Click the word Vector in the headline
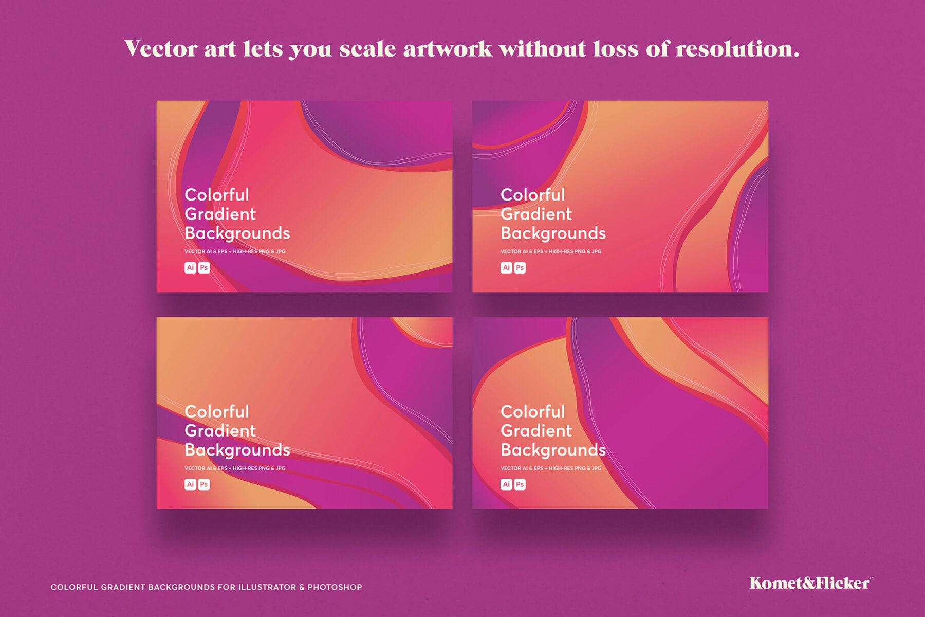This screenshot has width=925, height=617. pos(161,49)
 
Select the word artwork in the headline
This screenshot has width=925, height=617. pos(448,49)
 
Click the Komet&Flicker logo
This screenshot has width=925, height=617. pos(810,583)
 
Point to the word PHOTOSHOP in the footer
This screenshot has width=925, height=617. pos(335,587)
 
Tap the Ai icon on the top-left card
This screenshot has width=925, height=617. pos(191,267)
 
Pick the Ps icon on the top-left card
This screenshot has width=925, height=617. pos(204,267)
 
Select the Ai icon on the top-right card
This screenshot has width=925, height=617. pos(507,267)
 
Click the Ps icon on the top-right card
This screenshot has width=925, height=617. pos(520,267)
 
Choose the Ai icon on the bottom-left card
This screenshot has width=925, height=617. pos(191,484)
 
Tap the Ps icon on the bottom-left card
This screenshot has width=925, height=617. pos(204,484)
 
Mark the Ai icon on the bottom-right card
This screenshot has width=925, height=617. pos(507,484)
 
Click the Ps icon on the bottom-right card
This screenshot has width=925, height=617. pos(520,484)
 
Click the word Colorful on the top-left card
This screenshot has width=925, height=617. pos(216,195)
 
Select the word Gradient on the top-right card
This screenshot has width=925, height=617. pos(536,214)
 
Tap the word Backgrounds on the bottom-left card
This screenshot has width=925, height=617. pos(237,450)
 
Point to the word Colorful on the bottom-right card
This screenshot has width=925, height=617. pos(532,412)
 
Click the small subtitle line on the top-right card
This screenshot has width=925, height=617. pos(551,252)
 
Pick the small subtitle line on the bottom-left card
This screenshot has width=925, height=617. pos(235,468)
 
